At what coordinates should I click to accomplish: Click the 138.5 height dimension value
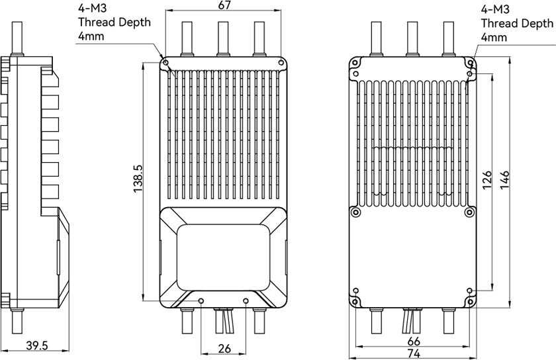tap(138, 179)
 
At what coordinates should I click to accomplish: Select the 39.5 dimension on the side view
tap(37, 345)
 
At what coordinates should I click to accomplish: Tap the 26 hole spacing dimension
tap(224, 349)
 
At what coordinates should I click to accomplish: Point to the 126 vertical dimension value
tap(487, 180)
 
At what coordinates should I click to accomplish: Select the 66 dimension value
tap(414, 341)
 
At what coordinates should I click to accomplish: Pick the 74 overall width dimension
tap(414, 353)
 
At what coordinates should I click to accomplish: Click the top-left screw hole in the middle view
tap(165, 62)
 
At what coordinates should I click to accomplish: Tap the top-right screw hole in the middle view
tap(281, 62)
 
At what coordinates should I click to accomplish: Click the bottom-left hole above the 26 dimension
tap(201, 301)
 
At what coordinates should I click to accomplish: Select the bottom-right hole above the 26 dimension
tap(246, 301)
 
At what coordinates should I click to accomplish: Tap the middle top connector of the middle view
tap(223, 38)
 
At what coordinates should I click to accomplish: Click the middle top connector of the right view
tap(412, 38)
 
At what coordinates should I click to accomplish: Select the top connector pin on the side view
tap(17, 38)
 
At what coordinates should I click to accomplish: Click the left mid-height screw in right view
tap(355, 212)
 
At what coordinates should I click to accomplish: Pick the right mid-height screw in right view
tap(469, 212)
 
